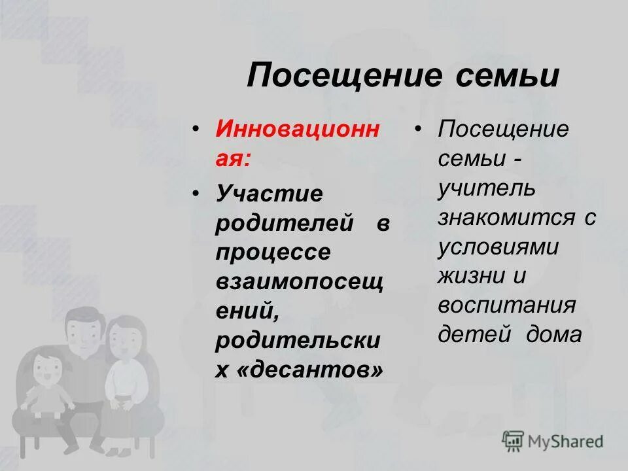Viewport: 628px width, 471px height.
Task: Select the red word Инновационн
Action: tap(297, 128)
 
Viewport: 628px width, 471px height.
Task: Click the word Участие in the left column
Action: tap(270, 194)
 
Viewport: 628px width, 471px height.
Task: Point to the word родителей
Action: tap(285, 223)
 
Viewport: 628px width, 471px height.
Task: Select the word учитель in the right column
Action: tap(487, 188)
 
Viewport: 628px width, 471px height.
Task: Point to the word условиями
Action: tap(498, 247)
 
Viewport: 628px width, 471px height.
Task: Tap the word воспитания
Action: tap(506, 306)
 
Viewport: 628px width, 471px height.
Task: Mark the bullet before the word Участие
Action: tap(196, 194)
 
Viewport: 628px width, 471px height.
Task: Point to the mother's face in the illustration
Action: tap(126, 340)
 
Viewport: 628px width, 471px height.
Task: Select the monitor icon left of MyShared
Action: tap(514, 442)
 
